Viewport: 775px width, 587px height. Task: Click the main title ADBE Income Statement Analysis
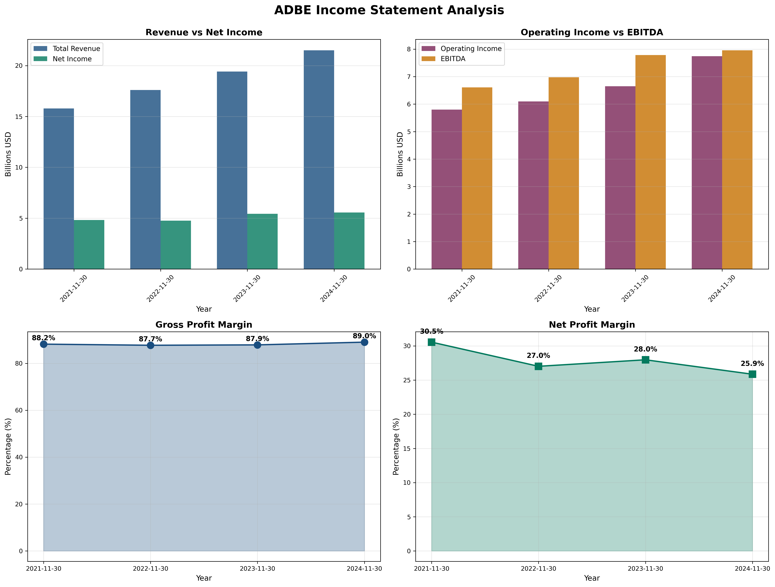389,10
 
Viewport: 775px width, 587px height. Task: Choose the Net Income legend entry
72,59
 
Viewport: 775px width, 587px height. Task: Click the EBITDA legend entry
453,59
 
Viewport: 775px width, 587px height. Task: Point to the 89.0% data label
364,336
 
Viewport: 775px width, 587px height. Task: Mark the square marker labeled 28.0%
645,360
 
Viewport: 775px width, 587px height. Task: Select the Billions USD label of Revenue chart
8,154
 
